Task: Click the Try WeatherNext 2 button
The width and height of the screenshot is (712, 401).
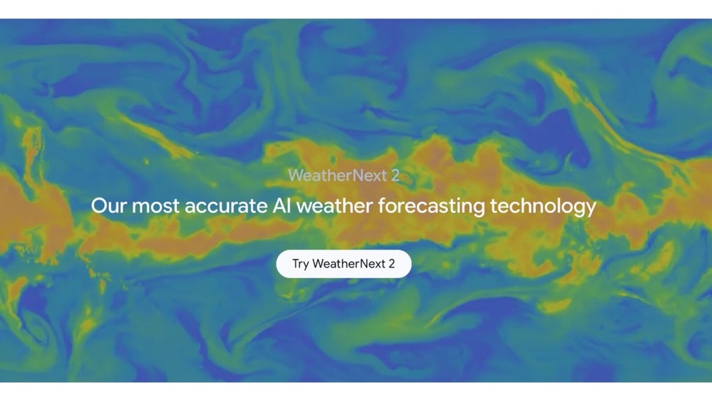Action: click(x=343, y=263)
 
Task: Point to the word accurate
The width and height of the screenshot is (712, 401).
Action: click(x=226, y=207)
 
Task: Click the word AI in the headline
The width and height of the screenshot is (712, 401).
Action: click(x=281, y=206)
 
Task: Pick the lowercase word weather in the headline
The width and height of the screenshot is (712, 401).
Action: click(x=334, y=206)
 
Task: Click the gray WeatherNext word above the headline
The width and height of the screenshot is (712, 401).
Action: click(x=337, y=175)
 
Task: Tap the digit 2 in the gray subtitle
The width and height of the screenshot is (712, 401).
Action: click(x=396, y=175)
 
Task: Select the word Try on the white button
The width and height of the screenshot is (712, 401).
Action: click(x=301, y=264)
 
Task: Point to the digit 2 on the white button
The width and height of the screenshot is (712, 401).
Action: click(x=392, y=263)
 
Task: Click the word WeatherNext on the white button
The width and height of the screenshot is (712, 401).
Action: click(x=349, y=263)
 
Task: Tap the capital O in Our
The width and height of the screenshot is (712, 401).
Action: click(x=99, y=206)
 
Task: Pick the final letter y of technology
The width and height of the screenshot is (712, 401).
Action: click(x=591, y=210)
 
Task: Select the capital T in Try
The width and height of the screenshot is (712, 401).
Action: click(x=296, y=263)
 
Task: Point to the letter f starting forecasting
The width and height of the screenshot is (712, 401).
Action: click(x=382, y=205)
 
